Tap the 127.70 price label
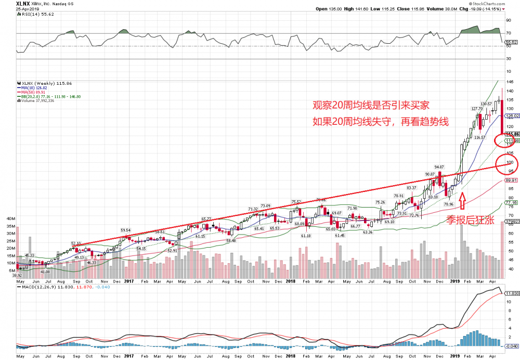tap(477, 109)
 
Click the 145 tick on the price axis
tap(511, 83)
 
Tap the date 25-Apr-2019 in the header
tap(16, 9)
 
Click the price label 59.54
tap(126, 230)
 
